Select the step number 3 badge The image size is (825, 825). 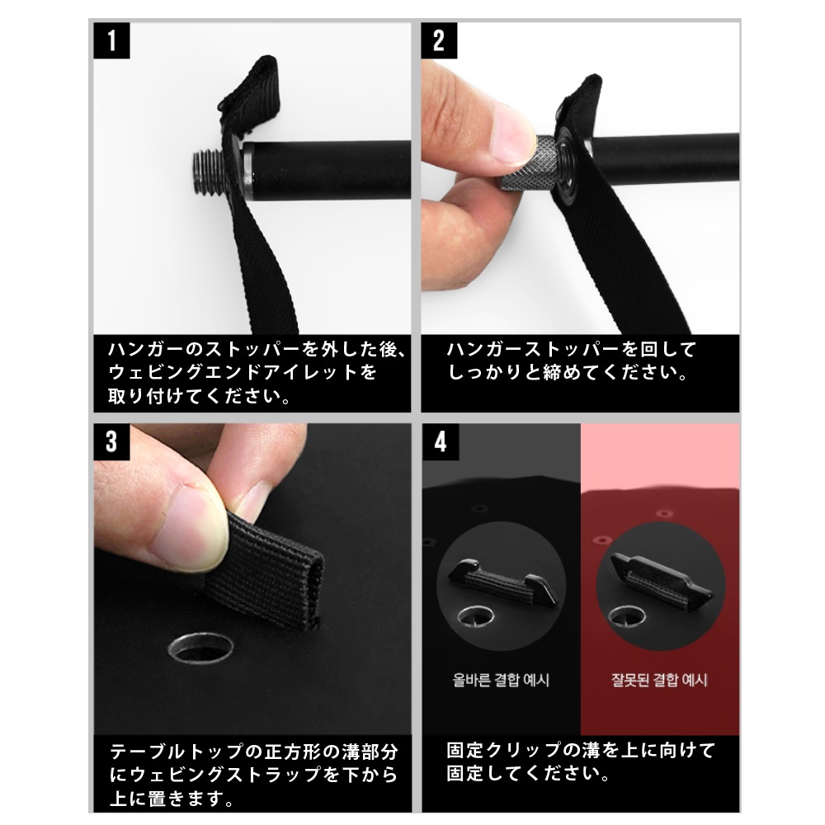111,441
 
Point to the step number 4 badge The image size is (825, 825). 439,441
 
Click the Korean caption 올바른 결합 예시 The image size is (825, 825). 501,681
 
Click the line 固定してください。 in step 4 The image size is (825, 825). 529,775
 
